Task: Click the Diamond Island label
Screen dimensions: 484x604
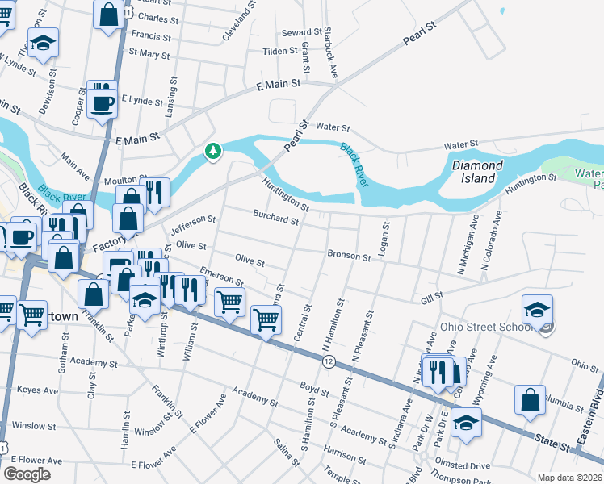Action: (476, 171)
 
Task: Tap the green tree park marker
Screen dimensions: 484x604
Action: (212, 151)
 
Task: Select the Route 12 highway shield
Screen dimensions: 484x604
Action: (328, 362)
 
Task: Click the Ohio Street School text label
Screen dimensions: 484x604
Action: (484, 328)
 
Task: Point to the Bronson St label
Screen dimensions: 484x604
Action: (348, 255)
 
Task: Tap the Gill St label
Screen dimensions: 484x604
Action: (432, 298)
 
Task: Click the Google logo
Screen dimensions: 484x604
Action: (27, 474)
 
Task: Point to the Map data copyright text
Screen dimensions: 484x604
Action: (569, 478)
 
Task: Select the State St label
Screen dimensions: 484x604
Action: (551, 438)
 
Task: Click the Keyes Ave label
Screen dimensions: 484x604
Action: (39, 390)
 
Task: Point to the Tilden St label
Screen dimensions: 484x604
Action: (280, 51)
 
